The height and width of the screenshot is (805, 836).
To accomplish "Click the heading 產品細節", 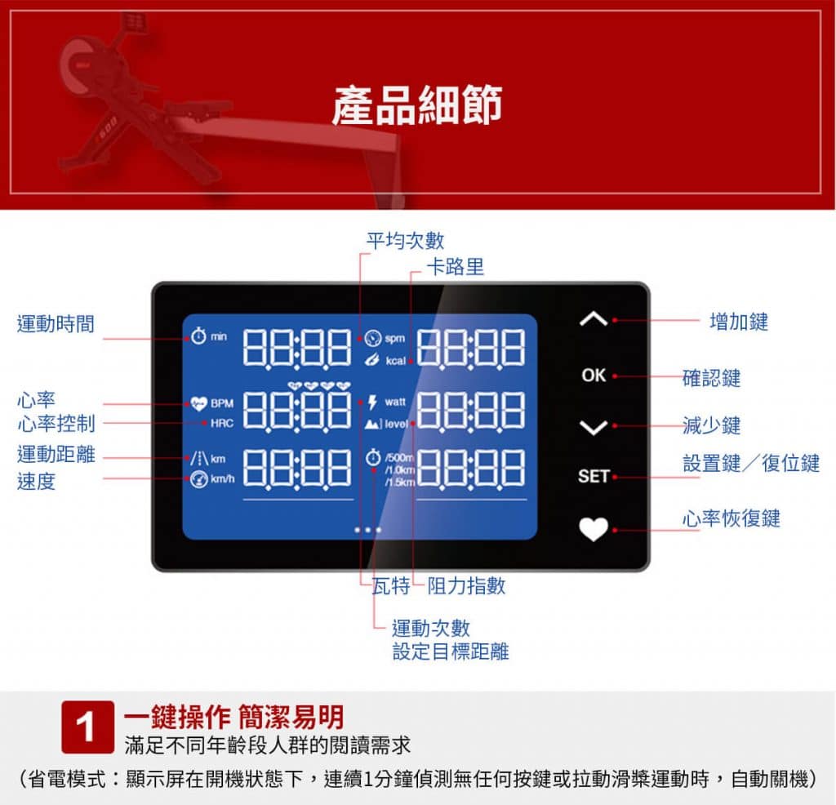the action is (x=417, y=105).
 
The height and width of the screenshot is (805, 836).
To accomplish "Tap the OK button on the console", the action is (x=594, y=376).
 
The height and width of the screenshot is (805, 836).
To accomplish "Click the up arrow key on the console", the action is (x=594, y=318).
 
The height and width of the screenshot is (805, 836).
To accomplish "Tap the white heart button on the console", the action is (x=594, y=529).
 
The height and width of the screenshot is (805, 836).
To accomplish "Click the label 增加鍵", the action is (x=739, y=322).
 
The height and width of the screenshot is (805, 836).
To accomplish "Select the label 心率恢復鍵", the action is (x=731, y=518).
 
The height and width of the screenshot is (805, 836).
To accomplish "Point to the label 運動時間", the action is (x=56, y=323).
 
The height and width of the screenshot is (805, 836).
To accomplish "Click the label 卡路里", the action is (x=456, y=266).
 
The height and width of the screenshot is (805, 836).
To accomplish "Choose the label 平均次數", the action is (x=405, y=240).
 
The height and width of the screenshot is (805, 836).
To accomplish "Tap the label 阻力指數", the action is (x=466, y=585).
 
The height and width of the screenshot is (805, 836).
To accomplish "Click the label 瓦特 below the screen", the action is (x=391, y=585).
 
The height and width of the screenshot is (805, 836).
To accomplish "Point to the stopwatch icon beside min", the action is (x=198, y=336).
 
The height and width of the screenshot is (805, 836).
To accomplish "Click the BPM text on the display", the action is (x=222, y=403).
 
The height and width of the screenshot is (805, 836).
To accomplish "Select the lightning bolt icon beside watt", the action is (x=372, y=402).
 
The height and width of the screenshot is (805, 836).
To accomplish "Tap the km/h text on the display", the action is (x=222, y=478).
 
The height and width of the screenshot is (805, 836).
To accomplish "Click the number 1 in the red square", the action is (x=86, y=727).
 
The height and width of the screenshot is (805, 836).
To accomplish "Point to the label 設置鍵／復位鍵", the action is (x=751, y=463).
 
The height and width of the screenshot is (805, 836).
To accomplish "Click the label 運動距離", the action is (x=56, y=454).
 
